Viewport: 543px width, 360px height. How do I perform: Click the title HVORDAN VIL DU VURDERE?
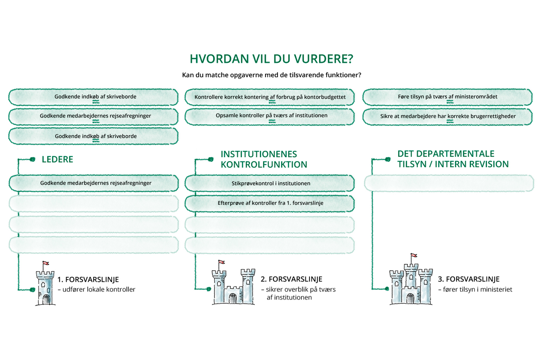(271, 59)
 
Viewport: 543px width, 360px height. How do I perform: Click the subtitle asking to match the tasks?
(271, 75)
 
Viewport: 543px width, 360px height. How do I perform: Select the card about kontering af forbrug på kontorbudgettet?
(270, 97)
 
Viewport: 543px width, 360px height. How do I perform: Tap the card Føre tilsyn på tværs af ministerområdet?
(447, 97)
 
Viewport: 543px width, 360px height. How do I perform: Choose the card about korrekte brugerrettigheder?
(447, 116)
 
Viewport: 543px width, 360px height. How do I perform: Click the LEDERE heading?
(57, 160)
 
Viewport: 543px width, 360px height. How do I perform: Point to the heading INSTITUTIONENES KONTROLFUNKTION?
(264, 159)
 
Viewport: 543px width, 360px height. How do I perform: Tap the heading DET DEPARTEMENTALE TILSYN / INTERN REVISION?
(453, 159)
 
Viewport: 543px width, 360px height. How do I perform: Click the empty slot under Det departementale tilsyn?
(449, 183)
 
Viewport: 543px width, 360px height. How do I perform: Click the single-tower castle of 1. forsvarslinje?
(45, 287)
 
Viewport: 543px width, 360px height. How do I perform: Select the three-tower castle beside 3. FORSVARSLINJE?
(411, 285)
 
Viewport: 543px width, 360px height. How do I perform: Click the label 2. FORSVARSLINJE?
(291, 279)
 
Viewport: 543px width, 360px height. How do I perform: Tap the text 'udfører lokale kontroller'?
(98, 290)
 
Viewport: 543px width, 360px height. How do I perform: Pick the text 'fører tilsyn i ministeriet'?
(477, 290)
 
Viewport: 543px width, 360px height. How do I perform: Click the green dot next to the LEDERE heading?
(33, 159)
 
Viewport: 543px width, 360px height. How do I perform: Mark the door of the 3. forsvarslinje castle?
(410, 298)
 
